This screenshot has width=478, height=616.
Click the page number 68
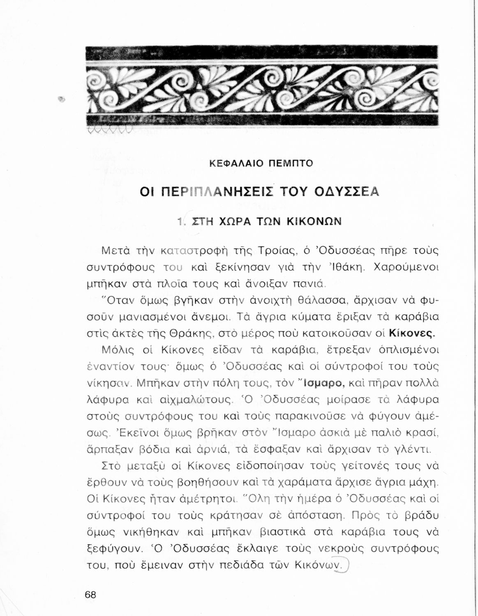(x=90, y=595)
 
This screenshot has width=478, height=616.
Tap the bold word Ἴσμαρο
(x=323, y=383)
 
